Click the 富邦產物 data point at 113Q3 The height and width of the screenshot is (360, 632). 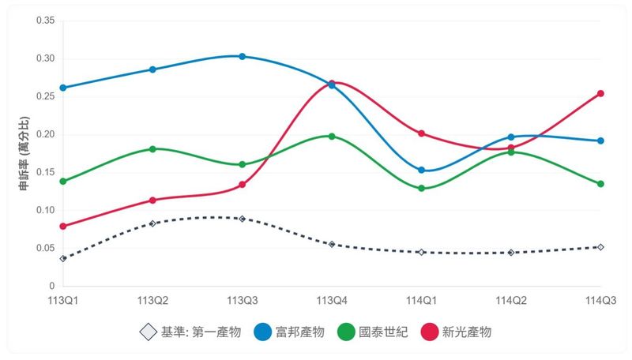pyautogui.click(x=242, y=56)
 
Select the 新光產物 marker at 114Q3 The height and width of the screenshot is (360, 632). pyautogui.click(x=600, y=93)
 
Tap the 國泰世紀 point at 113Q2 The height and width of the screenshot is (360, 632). pyautogui.click(x=152, y=148)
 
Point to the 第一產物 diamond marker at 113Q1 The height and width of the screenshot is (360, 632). pyautogui.click(x=62, y=258)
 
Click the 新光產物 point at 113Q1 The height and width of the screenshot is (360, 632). pyautogui.click(x=62, y=226)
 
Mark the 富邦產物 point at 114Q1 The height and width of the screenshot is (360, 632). pyautogui.click(x=421, y=170)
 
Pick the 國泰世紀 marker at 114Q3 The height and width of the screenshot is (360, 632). pyautogui.click(x=600, y=184)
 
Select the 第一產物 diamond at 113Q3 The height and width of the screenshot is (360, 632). pyautogui.click(x=242, y=219)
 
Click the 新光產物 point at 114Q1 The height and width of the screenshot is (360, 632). pyautogui.click(x=421, y=133)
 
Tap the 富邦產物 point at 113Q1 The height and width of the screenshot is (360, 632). pyautogui.click(x=62, y=88)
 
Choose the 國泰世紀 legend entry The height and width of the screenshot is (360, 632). pyautogui.click(x=371, y=332)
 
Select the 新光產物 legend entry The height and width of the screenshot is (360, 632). pyautogui.click(x=456, y=332)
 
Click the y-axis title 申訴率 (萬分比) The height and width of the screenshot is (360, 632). pyautogui.click(x=24, y=153)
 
